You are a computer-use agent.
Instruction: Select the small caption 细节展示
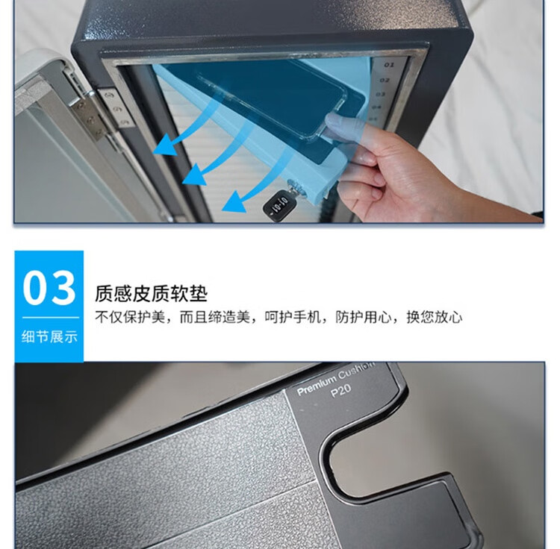49,336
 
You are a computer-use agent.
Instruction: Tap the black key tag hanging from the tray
280,204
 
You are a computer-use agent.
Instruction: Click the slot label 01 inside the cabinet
388,66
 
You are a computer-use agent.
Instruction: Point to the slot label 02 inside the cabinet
385,80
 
